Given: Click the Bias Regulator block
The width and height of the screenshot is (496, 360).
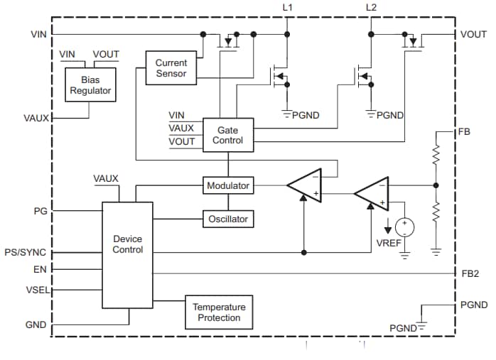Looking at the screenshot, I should click(91, 84).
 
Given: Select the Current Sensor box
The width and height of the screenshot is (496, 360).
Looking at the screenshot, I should click(171, 68).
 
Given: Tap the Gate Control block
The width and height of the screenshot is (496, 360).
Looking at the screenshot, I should click(227, 135).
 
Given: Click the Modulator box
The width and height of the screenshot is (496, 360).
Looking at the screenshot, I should click(228, 186).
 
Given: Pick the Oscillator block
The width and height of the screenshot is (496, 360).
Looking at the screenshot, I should click(228, 219).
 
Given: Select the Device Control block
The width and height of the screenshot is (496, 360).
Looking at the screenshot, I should click(127, 255).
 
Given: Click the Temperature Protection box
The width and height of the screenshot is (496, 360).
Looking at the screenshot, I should click(219, 312).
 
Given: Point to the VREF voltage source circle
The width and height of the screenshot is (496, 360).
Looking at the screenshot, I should click(405, 227).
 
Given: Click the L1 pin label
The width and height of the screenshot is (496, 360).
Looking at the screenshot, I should click(288, 8).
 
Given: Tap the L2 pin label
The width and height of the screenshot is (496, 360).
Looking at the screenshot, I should click(371, 8).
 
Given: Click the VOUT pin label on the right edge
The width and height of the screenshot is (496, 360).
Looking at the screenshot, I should click(473, 34).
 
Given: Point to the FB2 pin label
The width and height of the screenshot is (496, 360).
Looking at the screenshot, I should click(469, 273).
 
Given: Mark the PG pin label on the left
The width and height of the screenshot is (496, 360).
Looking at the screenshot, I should click(41, 211).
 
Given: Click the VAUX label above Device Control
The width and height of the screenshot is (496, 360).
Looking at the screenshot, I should click(106, 179).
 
